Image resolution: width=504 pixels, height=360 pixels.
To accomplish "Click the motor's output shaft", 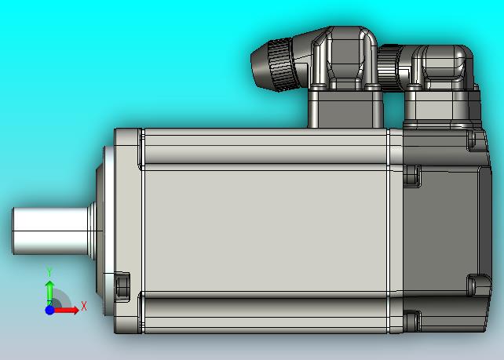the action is pyautogui.click(x=51, y=231).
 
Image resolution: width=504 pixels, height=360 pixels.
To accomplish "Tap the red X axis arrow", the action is pyautogui.click(x=67, y=311).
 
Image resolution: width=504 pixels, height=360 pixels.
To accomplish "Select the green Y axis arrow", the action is pyautogui.click(x=49, y=293).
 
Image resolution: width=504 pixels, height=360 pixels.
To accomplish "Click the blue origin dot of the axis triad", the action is pyautogui.click(x=49, y=311).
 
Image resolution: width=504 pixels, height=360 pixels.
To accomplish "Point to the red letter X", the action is pyautogui.click(x=84, y=306).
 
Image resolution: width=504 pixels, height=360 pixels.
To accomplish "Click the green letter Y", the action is pyautogui.click(x=49, y=273).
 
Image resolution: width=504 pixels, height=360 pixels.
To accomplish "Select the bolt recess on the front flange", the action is pyautogui.click(x=122, y=286).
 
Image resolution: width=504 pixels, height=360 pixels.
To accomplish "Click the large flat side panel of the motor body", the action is pyautogui.click(x=265, y=231).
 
